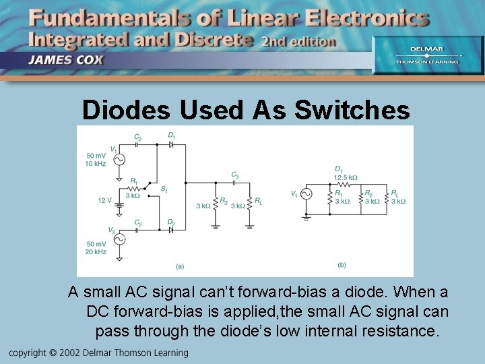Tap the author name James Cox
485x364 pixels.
tap(66, 59)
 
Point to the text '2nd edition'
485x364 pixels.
tap(298, 41)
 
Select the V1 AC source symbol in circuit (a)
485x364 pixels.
tap(119, 159)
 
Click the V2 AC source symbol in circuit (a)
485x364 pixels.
tap(119, 239)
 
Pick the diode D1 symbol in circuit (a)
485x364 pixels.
tap(171, 146)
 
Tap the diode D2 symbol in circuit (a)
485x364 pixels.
tap(171, 230)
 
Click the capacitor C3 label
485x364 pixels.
tap(234, 174)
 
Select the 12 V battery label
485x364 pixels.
tap(104, 200)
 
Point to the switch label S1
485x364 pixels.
tap(164, 188)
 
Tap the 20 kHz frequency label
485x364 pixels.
tap(96, 251)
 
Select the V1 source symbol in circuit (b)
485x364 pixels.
tap(306, 194)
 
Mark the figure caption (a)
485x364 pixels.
tap(180, 266)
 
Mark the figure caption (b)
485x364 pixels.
tap(342, 265)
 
